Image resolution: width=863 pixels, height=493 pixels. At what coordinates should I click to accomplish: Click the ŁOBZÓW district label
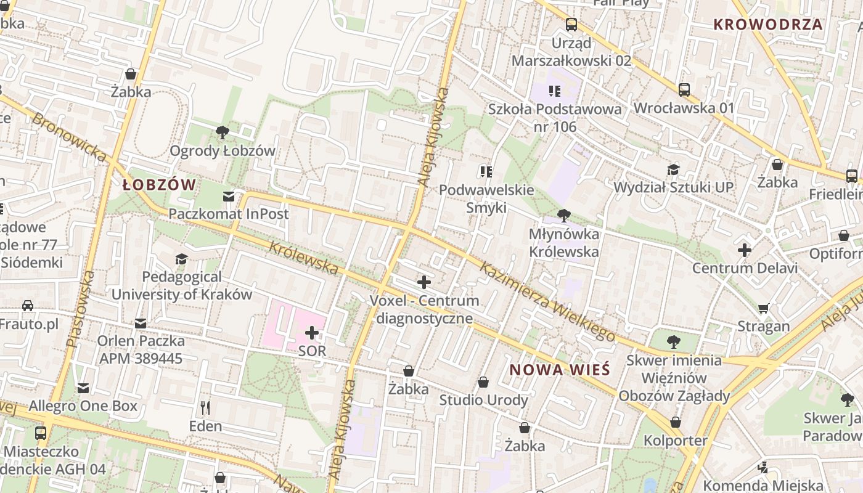click(x=159, y=185)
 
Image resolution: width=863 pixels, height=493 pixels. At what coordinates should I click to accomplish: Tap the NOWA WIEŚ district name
click(x=560, y=370)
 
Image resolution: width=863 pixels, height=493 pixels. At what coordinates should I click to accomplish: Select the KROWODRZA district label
click(x=768, y=25)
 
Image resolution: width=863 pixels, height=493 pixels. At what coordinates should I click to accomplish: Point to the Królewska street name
click(x=304, y=258)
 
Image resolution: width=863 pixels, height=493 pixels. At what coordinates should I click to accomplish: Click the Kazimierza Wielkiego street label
click(x=547, y=302)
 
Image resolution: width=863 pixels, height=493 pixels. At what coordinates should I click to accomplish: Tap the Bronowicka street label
click(x=69, y=137)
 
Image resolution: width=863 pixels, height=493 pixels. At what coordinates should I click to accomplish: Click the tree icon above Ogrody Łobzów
click(x=222, y=132)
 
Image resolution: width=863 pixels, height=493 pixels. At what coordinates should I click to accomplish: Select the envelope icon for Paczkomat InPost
click(x=229, y=196)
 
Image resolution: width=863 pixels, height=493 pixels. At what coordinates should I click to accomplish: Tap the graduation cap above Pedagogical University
click(x=181, y=259)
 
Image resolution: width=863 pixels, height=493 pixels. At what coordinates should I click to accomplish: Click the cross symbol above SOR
click(x=312, y=333)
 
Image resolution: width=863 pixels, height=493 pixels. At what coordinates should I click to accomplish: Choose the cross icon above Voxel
click(x=424, y=282)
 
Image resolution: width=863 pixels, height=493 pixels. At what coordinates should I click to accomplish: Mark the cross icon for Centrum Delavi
click(x=745, y=250)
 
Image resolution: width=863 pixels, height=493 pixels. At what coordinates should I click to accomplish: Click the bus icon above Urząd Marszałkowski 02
click(x=571, y=25)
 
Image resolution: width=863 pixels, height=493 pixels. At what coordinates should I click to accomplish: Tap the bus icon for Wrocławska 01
click(x=684, y=90)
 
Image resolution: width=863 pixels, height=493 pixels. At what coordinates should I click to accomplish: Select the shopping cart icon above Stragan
click(x=764, y=308)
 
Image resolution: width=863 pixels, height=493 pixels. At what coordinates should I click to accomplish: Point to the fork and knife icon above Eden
click(x=205, y=407)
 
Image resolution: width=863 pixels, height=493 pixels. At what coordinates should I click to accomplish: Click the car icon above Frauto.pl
click(x=28, y=305)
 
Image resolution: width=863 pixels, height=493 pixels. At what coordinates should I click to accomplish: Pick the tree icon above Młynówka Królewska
click(x=563, y=216)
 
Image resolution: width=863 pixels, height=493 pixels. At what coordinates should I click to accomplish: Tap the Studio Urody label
click(x=483, y=401)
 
